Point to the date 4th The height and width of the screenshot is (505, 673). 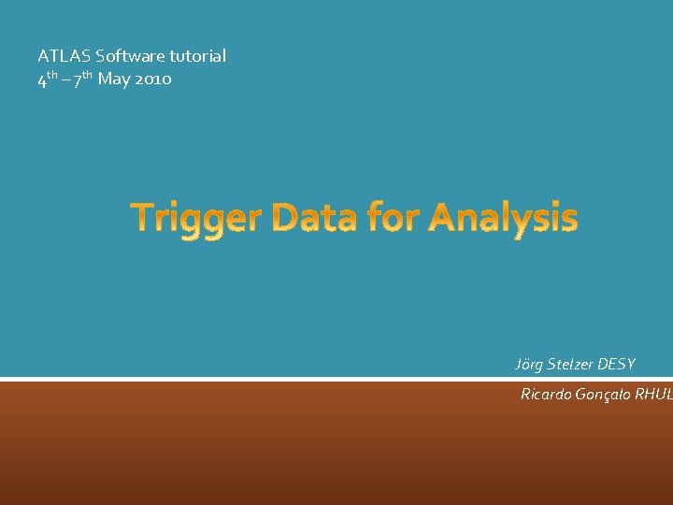pos(47,79)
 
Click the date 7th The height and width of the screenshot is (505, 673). pos(81,79)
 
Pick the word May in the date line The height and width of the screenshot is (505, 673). pos(114,79)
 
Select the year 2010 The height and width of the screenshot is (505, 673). pos(153,79)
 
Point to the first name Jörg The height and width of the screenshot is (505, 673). pos(531,364)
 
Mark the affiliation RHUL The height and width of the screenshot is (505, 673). pos(653,394)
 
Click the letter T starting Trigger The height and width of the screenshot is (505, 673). pos(143,218)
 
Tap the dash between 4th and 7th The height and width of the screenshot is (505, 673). pos(64,79)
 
